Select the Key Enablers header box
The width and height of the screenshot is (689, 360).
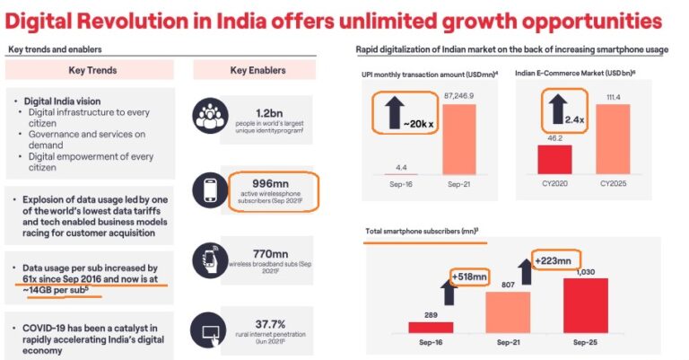254,70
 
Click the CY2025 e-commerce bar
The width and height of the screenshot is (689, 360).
613,145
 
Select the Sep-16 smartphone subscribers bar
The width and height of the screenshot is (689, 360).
431,327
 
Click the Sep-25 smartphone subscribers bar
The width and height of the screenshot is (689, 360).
586,304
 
